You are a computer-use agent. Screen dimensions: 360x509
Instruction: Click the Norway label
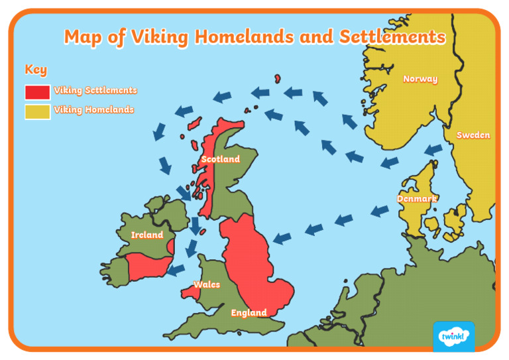[x=420, y=79]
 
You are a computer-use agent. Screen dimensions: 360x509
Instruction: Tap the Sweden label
[x=473, y=135]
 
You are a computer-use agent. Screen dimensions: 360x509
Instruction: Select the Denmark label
[x=417, y=198]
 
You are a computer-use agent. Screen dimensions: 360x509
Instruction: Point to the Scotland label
[x=221, y=159]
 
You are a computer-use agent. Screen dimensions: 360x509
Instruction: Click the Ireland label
[x=147, y=235]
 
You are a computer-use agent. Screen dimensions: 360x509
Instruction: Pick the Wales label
[x=207, y=284]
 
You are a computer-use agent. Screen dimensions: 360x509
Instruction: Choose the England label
[x=249, y=312]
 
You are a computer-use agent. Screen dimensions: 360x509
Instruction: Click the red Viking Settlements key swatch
[x=37, y=91]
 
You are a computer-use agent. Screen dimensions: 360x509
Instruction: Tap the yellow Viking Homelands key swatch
[x=37, y=111]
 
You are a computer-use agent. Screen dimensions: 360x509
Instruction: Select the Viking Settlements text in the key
[x=95, y=90]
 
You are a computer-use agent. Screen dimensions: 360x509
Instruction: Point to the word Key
[x=36, y=70]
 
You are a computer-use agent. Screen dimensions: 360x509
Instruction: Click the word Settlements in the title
[x=392, y=37]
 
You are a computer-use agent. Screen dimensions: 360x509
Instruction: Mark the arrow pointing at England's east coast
[x=282, y=237]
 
